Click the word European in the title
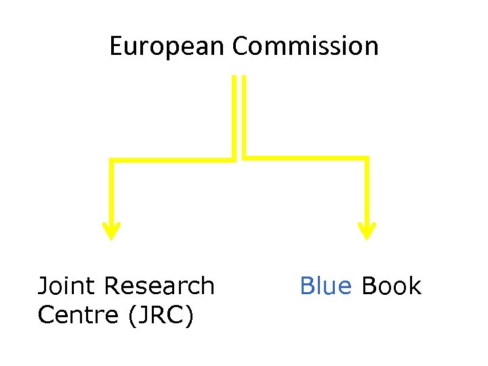tap(167, 47)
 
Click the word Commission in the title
tap(305, 47)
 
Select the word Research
tap(159, 286)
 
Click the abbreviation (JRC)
tap(159, 315)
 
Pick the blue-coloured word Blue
tap(326, 286)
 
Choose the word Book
tap(391, 286)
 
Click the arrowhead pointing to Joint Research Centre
tap(111, 231)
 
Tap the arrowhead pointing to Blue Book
tap(367, 231)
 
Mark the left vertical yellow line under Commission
tap(235, 115)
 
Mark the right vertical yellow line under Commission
tap(243, 115)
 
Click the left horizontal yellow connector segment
tap(173, 160)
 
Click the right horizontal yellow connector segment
tap(305, 159)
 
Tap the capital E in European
tap(116, 47)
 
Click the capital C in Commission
tap(240, 47)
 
